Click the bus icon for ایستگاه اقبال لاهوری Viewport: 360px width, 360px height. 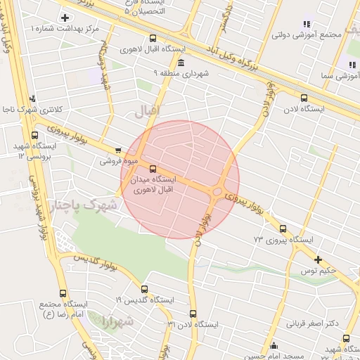154,39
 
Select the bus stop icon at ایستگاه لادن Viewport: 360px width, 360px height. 304,98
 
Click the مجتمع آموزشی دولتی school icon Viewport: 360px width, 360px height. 307,23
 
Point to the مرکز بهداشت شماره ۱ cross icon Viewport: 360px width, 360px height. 65,17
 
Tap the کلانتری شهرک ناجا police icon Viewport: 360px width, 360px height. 32,99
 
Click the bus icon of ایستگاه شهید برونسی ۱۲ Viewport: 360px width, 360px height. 35,136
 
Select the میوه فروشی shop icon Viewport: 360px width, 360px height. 117,150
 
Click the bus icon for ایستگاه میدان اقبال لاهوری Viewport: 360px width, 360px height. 153,168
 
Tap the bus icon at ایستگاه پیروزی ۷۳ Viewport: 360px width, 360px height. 283,229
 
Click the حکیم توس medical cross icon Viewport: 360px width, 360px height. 318,259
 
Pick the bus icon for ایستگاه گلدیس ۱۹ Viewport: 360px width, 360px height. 144,289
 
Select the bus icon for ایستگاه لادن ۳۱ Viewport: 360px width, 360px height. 193,314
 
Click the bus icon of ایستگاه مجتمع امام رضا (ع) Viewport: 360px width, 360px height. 63,293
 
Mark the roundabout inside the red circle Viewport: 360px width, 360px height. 217,191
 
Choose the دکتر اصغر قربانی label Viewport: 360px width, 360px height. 313,323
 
